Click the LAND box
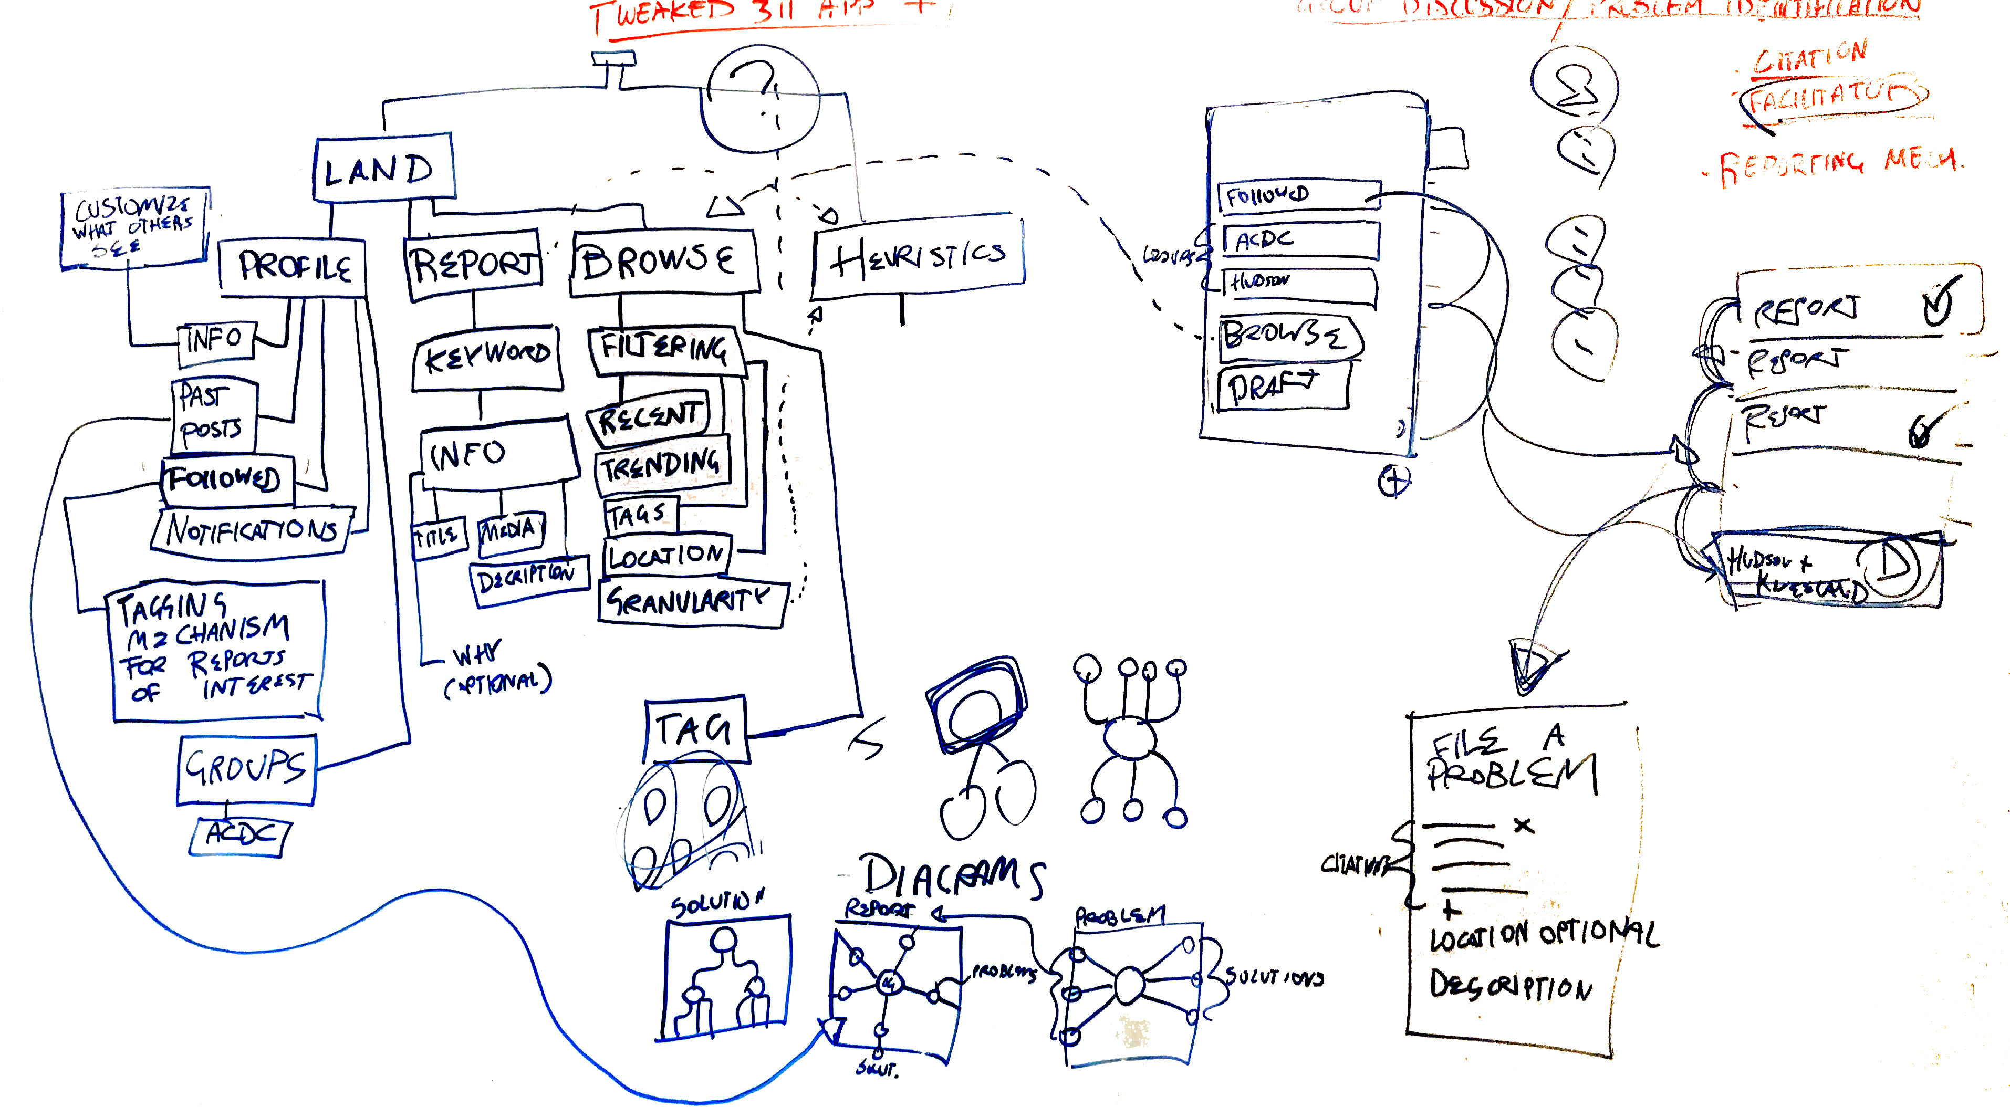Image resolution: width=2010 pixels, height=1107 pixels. (383, 169)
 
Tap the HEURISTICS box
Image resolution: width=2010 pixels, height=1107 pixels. (918, 257)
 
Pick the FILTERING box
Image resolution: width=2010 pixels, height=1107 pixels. (663, 348)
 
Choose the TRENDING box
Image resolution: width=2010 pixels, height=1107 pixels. (662, 465)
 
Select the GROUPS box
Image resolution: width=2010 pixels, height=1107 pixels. (246, 768)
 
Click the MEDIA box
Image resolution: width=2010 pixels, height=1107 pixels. (511, 531)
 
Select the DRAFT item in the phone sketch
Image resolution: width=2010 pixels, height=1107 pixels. (1283, 386)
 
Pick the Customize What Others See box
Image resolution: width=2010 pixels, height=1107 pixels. (134, 227)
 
